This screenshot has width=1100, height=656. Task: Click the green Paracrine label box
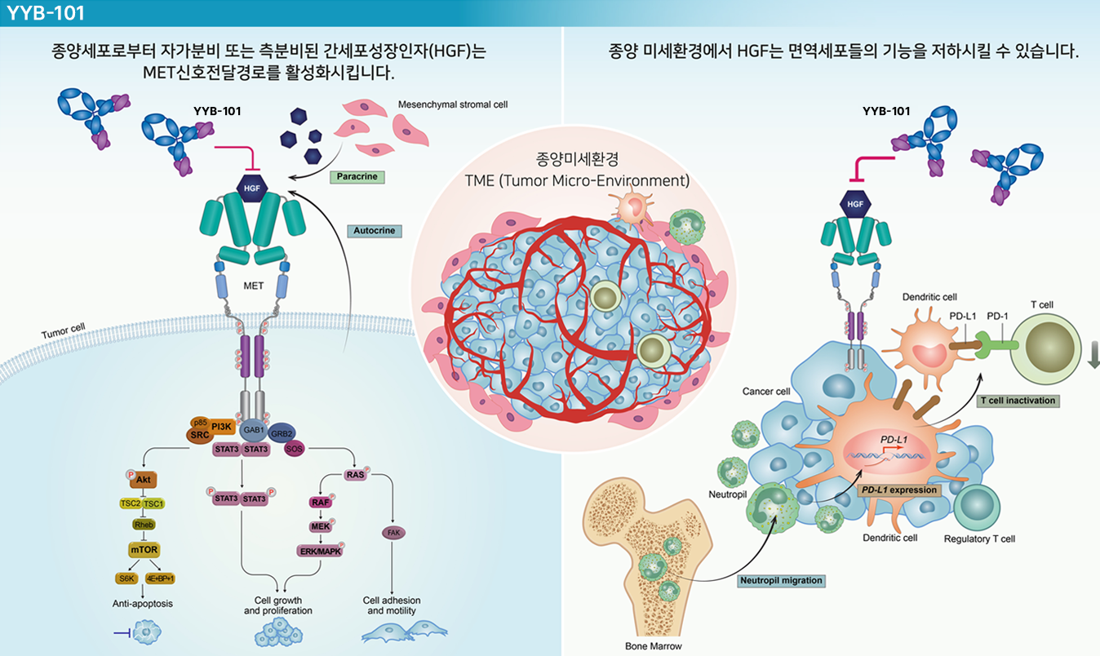(x=357, y=177)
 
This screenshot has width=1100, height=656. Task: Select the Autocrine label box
(x=375, y=231)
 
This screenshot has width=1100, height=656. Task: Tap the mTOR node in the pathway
(x=144, y=549)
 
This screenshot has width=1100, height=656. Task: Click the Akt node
(x=143, y=480)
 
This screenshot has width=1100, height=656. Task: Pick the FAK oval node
(x=393, y=533)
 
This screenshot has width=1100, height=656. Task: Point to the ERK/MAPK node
(x=320, y=552)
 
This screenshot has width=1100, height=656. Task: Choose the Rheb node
(x=144, y=525)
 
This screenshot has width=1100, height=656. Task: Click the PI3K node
(x=221, y=427)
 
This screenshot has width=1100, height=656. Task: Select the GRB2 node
(x=282, y=433)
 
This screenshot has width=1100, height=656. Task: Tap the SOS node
(x=294, y=448)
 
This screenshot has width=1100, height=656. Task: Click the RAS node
(x=355, y=475)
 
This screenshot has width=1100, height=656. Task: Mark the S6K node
(x=126, y=578)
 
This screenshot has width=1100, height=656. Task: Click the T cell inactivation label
(x=1018, y=401)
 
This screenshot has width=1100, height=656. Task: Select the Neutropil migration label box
(x=781, y=580)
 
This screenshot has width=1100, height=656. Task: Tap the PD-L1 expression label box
(x=899, y=490)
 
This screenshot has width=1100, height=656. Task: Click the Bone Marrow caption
(x=653, y=646)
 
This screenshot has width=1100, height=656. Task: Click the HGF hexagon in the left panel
(x=252, y=188)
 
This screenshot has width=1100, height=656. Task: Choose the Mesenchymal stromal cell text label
(x=453, y=104)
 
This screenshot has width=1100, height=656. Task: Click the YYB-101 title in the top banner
(x=46, y=13)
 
